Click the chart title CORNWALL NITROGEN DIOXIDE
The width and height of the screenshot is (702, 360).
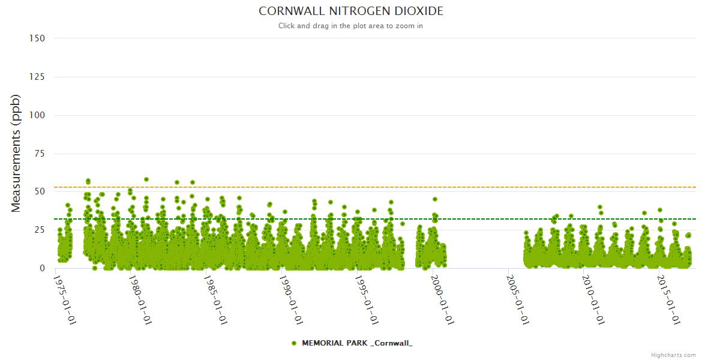(351, 11)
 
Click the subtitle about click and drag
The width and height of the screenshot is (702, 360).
(351, 26)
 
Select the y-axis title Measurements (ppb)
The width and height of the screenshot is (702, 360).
(16, 153)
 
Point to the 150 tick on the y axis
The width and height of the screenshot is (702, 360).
(37, 38)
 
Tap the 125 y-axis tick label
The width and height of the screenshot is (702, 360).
(37, 77)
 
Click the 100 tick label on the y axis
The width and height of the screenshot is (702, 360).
(37, 115)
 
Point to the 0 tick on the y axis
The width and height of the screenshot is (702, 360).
(42, 268)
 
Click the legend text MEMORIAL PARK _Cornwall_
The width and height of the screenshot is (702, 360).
(357, 343)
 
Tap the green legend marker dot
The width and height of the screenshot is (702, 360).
(294, 343)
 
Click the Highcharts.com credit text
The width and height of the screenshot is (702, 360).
(673, 355)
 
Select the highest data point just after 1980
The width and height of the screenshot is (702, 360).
(146, 179)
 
